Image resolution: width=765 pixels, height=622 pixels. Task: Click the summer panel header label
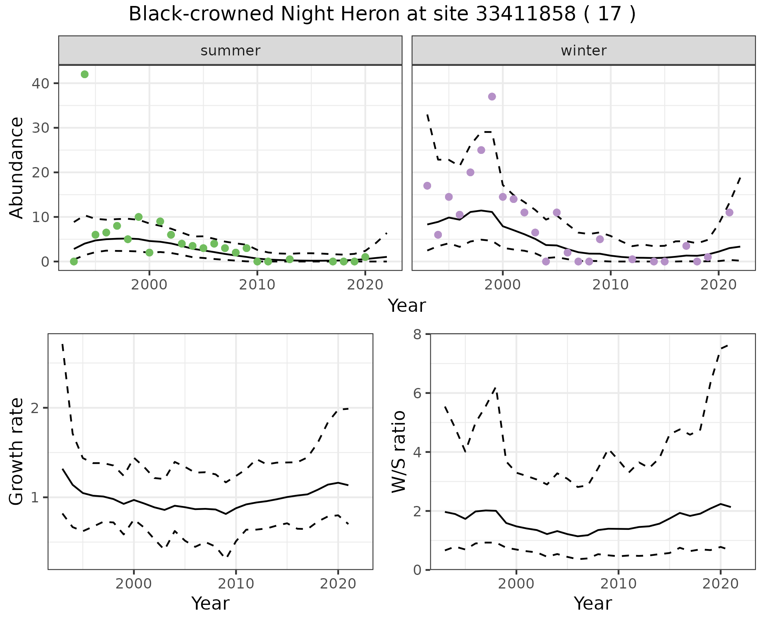click(230, 51)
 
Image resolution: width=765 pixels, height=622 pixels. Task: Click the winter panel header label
click(583, 51)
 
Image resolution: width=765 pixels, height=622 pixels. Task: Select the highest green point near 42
click(84, 74)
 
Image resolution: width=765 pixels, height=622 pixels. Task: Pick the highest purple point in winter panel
click(492, 96)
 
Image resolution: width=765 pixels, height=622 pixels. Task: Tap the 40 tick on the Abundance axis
click(43, 83)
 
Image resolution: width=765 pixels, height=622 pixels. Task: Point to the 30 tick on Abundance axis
click(43, 128)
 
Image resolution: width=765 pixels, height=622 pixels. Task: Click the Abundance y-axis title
click(17, 167)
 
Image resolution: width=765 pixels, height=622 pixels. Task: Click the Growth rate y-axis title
click(17, 451)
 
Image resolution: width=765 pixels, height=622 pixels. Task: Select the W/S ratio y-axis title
click(399, 451)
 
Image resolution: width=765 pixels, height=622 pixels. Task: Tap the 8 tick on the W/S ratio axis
click(417, 334)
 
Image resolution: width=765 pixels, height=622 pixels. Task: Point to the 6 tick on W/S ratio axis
click(417, 393)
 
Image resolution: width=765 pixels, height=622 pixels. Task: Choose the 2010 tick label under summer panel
click(257, 285)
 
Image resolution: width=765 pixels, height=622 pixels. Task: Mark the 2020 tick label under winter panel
click(718, 285)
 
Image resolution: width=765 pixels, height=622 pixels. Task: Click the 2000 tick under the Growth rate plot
click(133, 584)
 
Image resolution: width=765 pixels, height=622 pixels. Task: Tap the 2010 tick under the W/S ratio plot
click(618, 584)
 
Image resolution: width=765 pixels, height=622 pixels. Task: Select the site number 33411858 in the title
click(526, 14)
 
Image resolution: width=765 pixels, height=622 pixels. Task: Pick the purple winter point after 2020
click(729, 213)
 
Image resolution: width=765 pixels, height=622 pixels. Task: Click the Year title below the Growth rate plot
click(210, 604)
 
